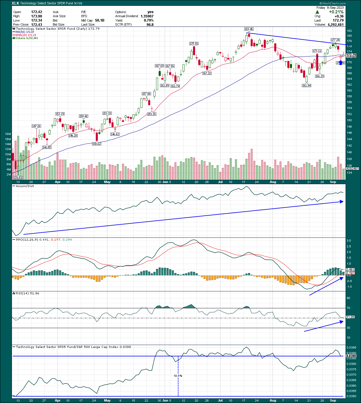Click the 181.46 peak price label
[249, 29]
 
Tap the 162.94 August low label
[307, 86]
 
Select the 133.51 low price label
[18, 177]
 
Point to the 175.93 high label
[194, 44]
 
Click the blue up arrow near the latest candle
[341, 63]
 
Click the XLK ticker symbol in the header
[15, 3]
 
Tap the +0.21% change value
[336, 12]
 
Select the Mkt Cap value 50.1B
[100, 20]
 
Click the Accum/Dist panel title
[25, 186]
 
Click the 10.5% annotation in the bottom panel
[178, 376]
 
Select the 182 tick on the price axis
[349, 31]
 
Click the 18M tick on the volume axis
[8, 134]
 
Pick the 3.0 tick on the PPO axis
[349, 241]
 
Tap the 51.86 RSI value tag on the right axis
[350, 317]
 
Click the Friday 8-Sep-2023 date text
[330, 8]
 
